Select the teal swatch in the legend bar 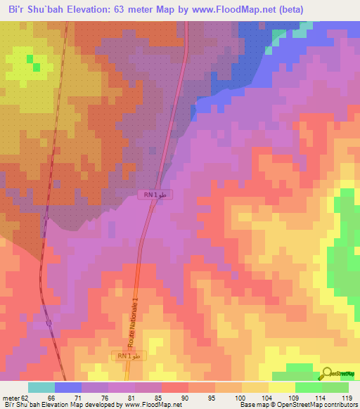coord(41,387)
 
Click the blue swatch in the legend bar coord(68,387)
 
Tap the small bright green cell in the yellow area coord(30,58)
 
